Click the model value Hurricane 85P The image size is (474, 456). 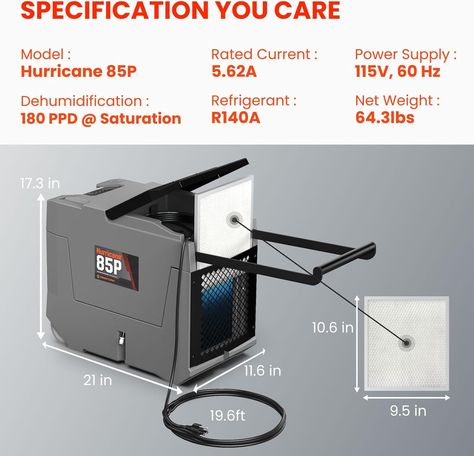(x=79, y=72)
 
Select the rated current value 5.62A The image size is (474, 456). (x=234, y=72)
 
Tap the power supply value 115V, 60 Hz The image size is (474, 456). (x=397, y=72)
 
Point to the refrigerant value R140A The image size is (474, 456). (x=236, y=118)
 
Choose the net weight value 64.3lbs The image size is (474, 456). (x=384, y=118)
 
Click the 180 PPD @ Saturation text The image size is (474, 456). (x=101, y=118)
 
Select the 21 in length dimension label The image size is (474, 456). (x=97, y=380)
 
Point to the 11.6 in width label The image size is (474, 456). (x=262, y=370)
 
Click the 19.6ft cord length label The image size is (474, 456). (x=227, y=416)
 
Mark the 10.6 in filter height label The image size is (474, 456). (x=333, y=327)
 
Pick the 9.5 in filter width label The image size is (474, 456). (x=408, y=411)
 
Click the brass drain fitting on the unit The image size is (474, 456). (x=119, y=339)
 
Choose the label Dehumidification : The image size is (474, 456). (x=85, y=101)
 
